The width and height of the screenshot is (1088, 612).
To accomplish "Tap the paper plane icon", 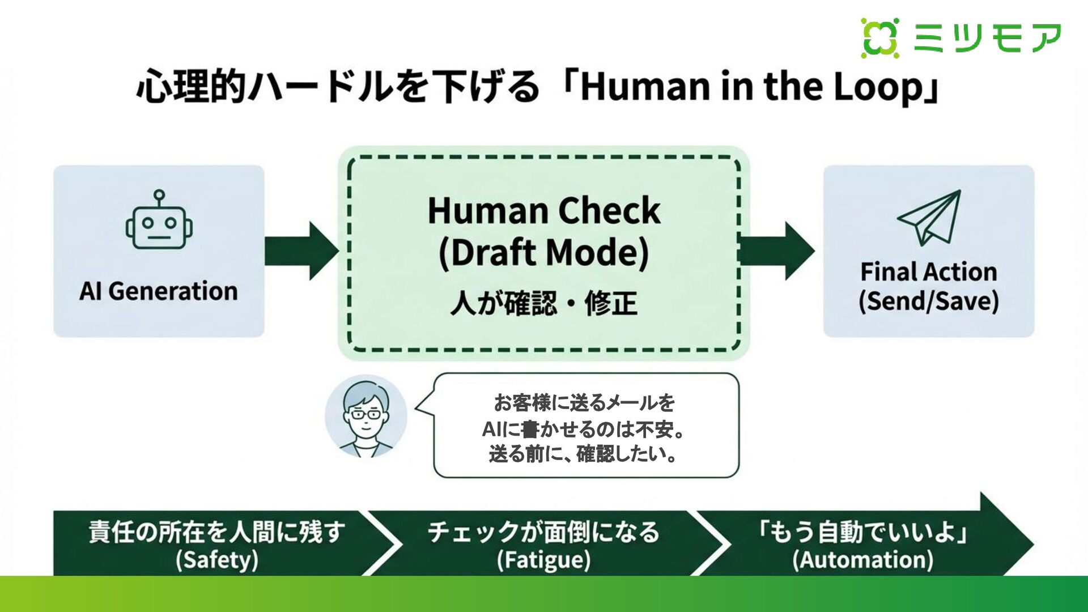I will pos(930,218).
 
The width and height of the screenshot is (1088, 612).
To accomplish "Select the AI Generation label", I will pos(159,291).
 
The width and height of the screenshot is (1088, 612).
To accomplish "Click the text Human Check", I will pos(544,211).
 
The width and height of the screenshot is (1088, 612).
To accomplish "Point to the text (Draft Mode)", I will pos(544,253).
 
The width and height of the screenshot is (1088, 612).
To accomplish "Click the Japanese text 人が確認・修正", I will pos(544,303).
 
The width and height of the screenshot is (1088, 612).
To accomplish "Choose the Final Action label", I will pos(928,272).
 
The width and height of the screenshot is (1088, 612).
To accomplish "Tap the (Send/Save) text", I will pos(928,301).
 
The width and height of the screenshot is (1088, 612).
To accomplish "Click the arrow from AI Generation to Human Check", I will pos(301,250).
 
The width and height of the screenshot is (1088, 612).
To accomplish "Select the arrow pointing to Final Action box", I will pos(777,250).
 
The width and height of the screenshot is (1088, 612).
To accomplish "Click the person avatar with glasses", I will pos(366,416).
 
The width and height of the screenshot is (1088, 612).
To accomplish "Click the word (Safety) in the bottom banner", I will pos(216,560).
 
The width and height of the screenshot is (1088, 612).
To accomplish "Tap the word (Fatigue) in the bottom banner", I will pos(543,560).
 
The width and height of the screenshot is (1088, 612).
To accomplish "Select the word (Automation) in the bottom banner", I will pos(862,560).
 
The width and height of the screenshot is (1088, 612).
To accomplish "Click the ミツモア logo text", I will pos(987,38).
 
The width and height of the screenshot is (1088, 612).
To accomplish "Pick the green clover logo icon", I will pos(880,38).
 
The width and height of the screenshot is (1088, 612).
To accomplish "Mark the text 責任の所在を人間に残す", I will pos(216,532).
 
